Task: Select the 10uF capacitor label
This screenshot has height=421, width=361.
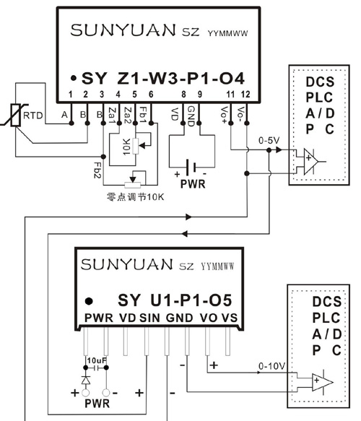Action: point(96,359)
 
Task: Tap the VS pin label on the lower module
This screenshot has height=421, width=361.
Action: point(229,318)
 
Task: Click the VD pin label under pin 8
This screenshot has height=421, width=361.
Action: point(174,113)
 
